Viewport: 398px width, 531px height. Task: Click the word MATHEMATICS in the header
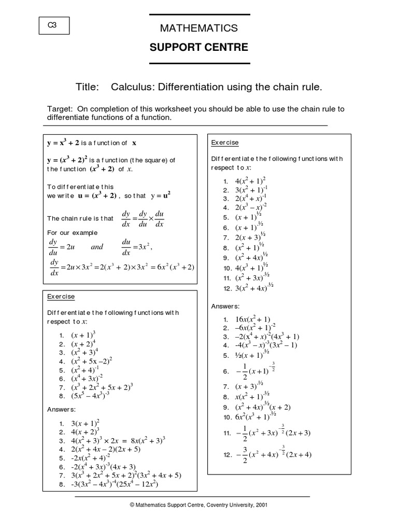(199, 28)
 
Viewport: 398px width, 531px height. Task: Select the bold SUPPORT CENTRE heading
(199, 48)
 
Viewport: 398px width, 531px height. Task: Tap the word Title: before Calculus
(87, 87)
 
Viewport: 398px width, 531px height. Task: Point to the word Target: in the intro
(61, 109)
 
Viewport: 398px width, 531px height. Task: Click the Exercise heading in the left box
(61, 297)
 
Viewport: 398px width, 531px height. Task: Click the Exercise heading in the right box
(225, 143)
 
